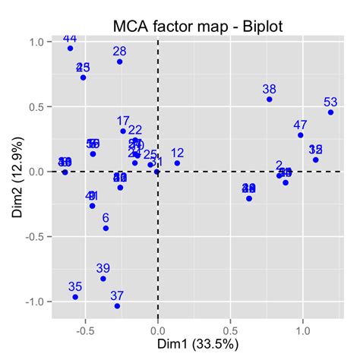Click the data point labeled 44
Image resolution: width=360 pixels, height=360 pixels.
click(x=70, y=48)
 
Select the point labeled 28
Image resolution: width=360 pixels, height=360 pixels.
click(x=120, y=62)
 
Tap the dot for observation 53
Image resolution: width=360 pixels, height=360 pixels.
click(x=330, y=112)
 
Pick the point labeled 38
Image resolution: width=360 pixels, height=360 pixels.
click(x=269, y=99)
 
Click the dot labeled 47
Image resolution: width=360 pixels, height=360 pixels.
click(x=301, y=135)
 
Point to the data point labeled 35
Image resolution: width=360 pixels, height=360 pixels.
click(x=75, y=297)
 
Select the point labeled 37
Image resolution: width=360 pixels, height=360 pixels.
click(x=117, y=306)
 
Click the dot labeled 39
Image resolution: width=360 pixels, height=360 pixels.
click(x=103, y=279)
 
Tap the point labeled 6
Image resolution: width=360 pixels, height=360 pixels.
click(x=106, y=228)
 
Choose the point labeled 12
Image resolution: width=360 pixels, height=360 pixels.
click(x=177, y=163)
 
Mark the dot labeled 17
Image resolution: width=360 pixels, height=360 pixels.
click(x=123, y=131)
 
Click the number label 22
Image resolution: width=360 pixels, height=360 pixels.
click(x=135, y=131)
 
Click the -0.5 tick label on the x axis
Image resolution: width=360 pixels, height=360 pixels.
click(x=84, y=330)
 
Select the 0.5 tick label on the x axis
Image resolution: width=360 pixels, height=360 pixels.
click(x=230, y=330)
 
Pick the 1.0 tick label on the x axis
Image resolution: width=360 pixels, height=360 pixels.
click(x=302, y=330)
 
